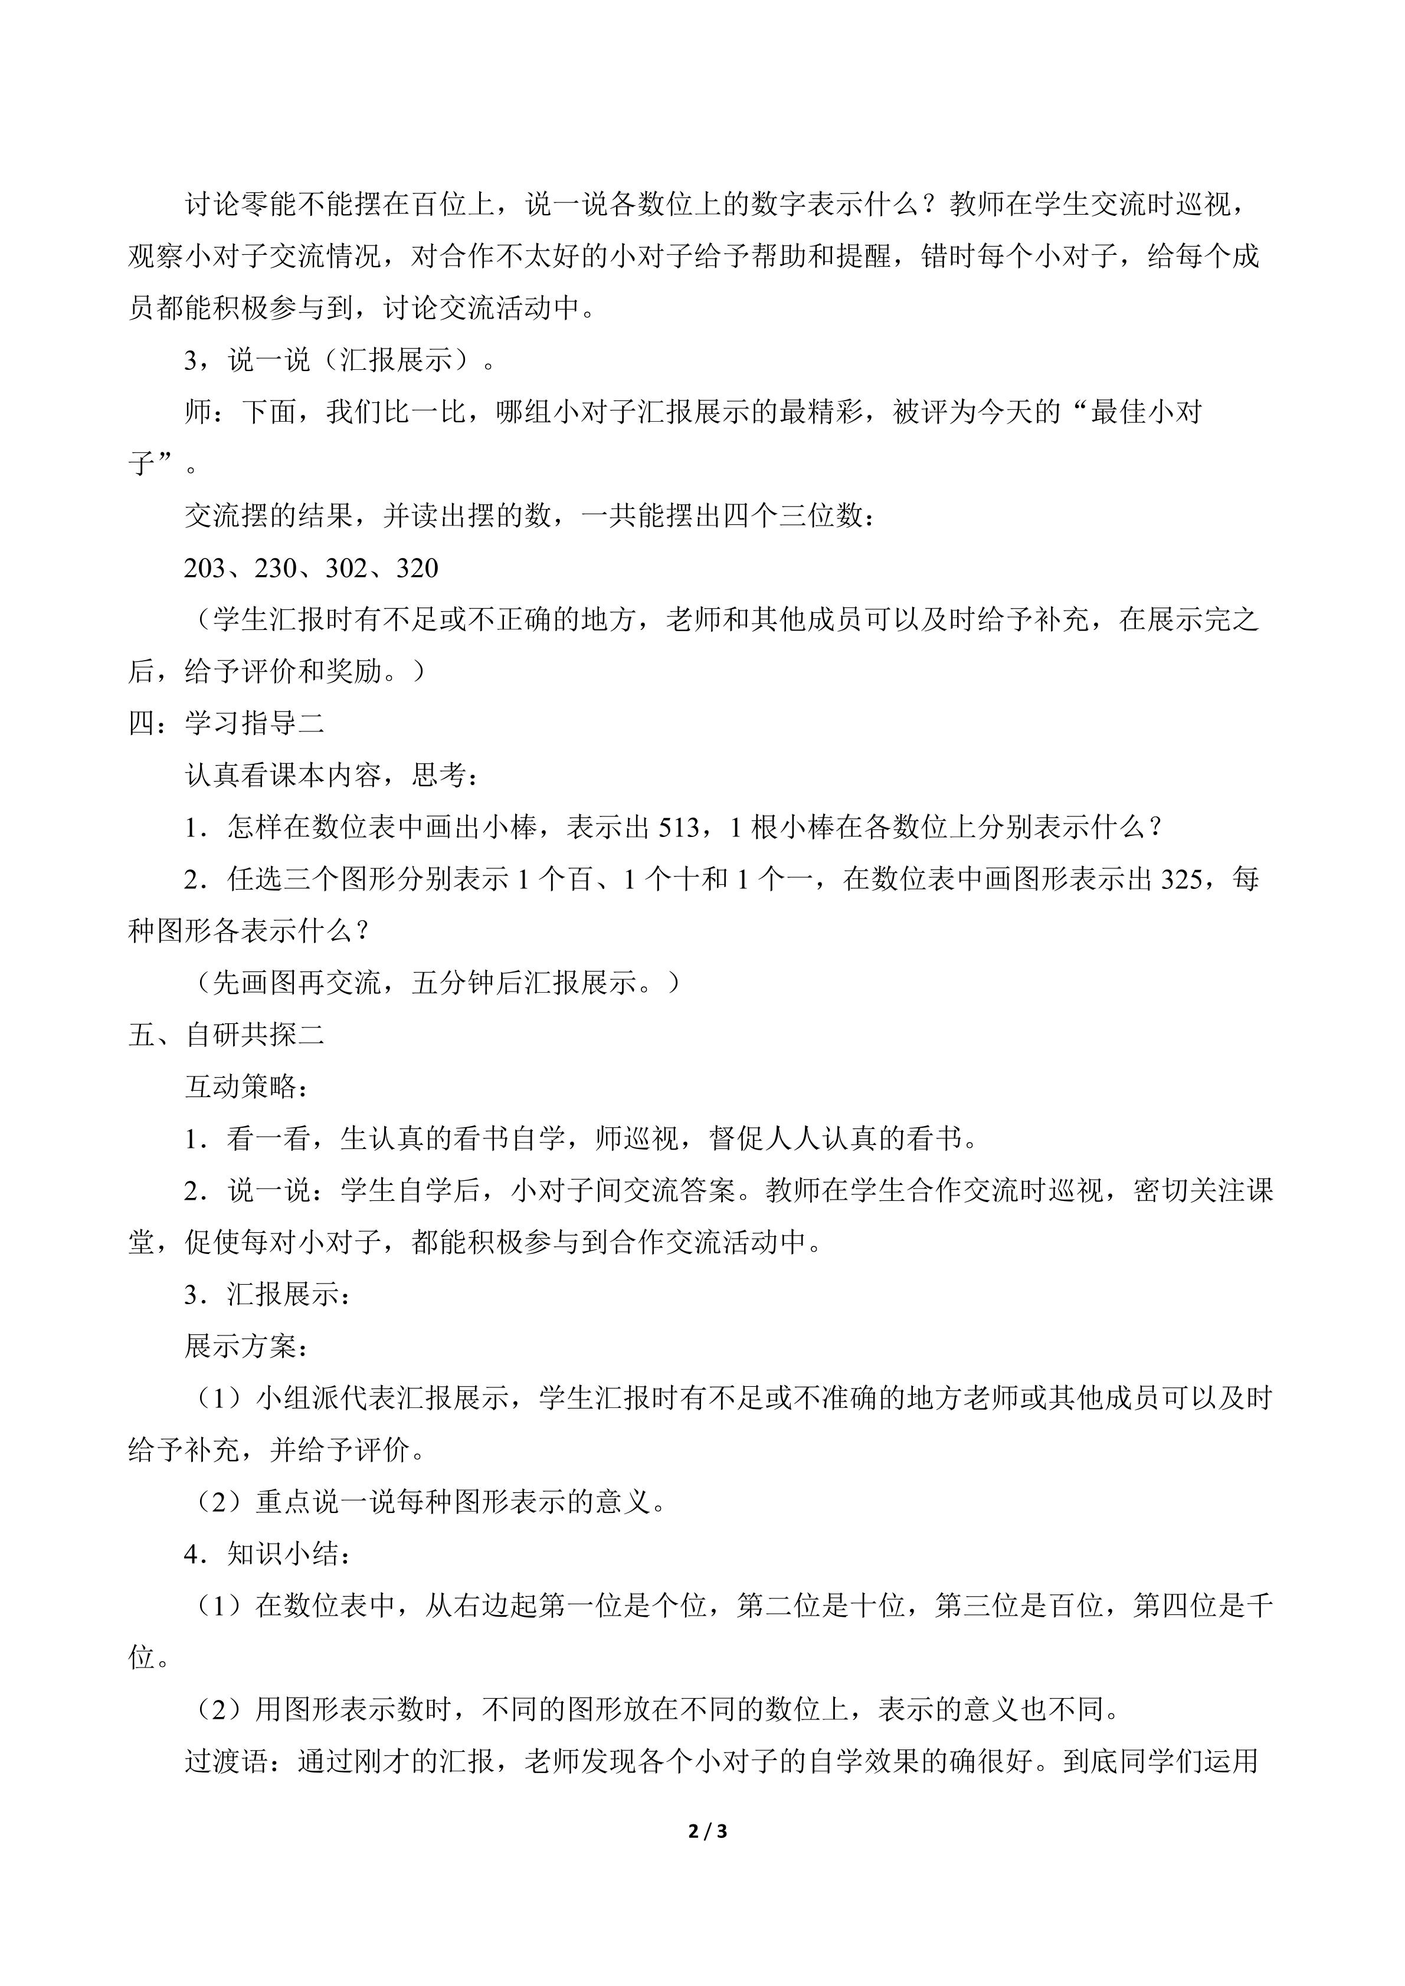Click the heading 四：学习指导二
coord(227,723)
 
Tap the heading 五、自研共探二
coord(227,1035)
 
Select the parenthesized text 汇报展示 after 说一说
coord(395,360)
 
